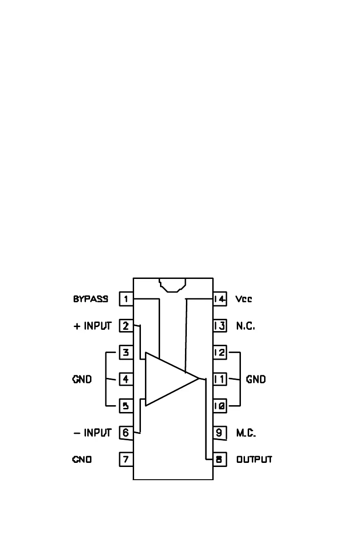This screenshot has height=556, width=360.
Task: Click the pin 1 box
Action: [x=126, y=299]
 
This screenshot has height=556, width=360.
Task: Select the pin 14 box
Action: [x=220, y=299]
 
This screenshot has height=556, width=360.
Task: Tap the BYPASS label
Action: [x=90, y=299]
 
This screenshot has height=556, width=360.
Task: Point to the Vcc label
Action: [x=244, y=299]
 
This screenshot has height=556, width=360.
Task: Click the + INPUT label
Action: [x=92, y=326]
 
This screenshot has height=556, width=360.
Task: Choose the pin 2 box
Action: [x=126, y=326]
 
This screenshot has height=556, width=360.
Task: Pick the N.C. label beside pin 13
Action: [x=245, y=326]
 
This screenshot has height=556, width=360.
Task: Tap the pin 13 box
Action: [x=220, y=326]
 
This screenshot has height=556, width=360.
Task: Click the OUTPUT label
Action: [x=254, y=459]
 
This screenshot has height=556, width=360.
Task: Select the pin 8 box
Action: [x=220, y=459]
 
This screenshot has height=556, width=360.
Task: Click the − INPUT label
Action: [x=92, y=432]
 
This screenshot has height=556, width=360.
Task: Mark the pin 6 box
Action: [x=126, y=432]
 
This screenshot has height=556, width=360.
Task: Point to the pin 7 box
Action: [x=126, y=459]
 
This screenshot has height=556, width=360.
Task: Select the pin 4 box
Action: [x=126, y=379]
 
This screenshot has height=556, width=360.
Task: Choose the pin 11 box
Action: [x=220, y=379]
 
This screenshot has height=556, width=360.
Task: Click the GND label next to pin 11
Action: [x=256, y=379]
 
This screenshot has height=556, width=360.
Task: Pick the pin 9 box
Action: [x=220, y=432]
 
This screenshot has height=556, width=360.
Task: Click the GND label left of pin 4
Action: [x=82, y=379]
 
